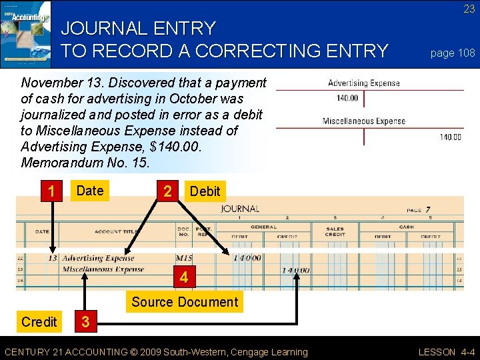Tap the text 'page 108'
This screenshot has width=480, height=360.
[x=453, y=53]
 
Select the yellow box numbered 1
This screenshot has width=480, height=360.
[x=51, y=191]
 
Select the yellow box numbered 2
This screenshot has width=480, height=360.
[x=168, y=191]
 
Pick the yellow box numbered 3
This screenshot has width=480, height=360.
[x=85, y=322]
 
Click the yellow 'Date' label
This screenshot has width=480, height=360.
[x=90, y=191]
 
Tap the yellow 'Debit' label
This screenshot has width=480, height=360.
[x=205, y=191]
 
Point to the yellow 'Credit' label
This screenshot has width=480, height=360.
[x=39, y=322]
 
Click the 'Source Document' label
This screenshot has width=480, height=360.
[x=185, y=302]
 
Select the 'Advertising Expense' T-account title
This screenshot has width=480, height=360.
[x=364, y=83]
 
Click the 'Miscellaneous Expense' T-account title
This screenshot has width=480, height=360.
[x=364, y=121]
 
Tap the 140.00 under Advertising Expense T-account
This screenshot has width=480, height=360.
[x=347, y=98]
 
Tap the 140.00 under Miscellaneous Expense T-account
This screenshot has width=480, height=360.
[x=450, y=137]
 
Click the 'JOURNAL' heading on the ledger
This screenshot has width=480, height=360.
[x=240, y=209]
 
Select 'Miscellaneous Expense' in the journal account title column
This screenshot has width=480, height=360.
[x=103, y=269]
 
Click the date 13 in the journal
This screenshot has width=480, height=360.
[x=53, y=258]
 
